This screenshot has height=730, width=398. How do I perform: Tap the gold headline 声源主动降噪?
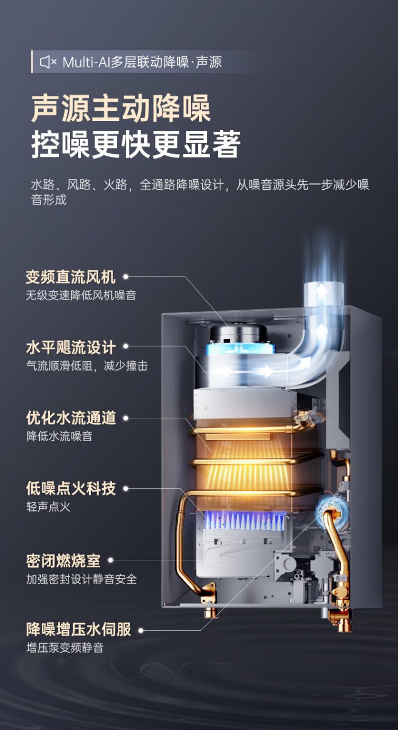[x=121, y=109]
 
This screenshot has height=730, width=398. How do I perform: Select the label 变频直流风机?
[x=71, y=277]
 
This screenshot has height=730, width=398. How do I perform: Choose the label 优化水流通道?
[x=71, y=418]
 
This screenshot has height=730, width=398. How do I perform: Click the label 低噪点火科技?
[x=71, y=488]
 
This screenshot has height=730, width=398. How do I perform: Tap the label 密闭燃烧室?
[x=63, y=560]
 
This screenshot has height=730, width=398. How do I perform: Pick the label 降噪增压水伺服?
[x=79, y=630]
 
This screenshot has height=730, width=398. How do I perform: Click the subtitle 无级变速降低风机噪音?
[x=81, y=295]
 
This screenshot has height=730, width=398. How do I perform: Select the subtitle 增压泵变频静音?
[x=65, y=647]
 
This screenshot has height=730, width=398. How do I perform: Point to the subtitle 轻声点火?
[x=48, y=506]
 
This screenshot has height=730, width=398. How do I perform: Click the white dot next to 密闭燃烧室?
[x=111, y=560]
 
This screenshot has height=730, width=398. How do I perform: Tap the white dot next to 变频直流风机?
[x=126, y=277]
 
